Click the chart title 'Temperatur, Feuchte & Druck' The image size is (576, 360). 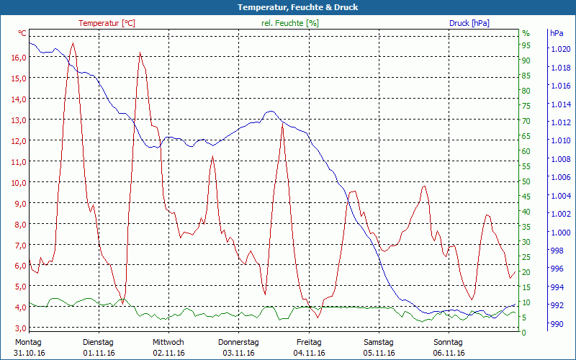click(x=288, y=7)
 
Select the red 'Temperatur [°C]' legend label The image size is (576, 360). click(x=107, y=23)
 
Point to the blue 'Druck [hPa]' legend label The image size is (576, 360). click(x=469, y=23)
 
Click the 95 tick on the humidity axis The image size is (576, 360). click(x=526, y=45)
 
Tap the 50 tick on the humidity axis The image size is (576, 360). click(x=526, y=181)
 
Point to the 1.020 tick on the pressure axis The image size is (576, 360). click(x=559, y=50)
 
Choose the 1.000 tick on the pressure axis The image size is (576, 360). click(x=559, y=233)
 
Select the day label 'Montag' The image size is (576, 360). click(x=28, y=342)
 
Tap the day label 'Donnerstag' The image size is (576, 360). click(x=238, y=342)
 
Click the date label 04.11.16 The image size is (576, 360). click(x=309, y=353)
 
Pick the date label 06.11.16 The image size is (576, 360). click(x=449, y=353)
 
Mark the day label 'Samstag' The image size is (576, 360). click(x=379, y=342)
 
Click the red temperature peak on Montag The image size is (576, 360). click(x=72, y=44)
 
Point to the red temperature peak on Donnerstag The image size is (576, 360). click(x=283, y=125)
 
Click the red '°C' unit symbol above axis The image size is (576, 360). click(x=22, y=34)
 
